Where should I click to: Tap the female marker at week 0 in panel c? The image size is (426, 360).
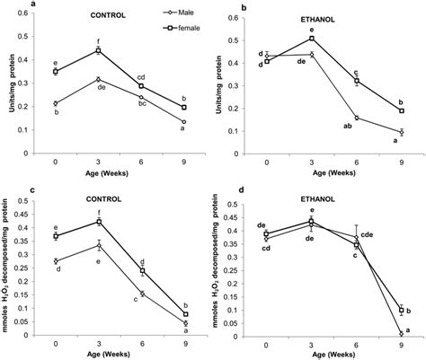click(x=56, y=235)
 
